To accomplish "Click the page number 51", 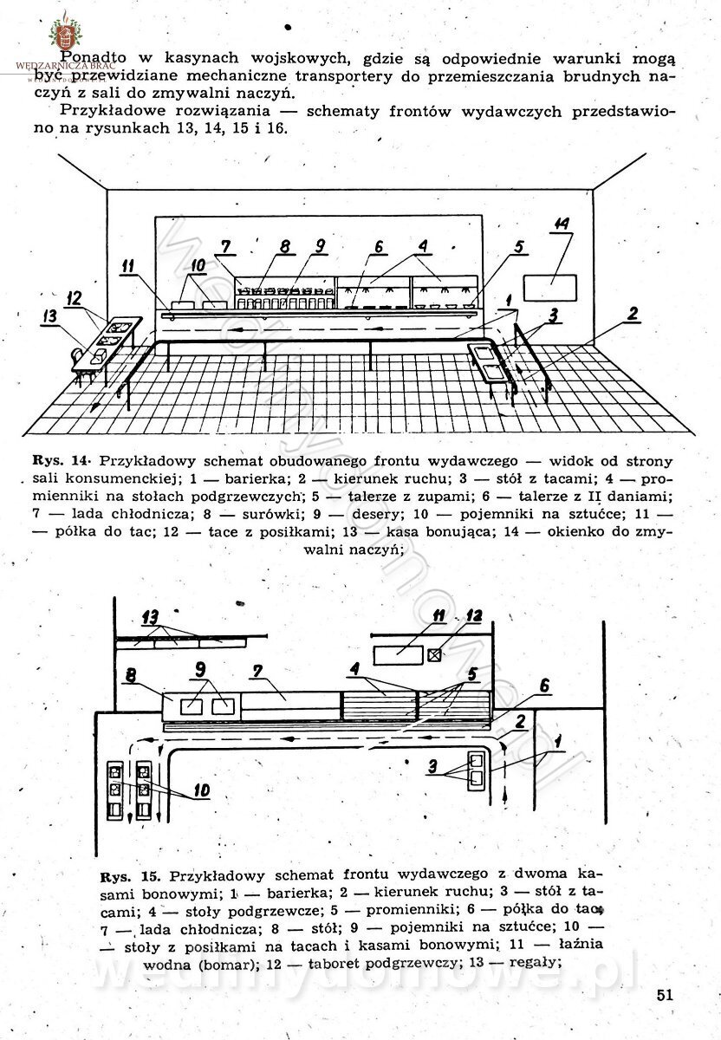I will click(x=665, y=994).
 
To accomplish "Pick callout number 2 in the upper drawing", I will click(x=633, y=314).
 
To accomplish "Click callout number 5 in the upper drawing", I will click(x=518, y=247).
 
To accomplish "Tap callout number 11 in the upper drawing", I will click(x=128, y=267).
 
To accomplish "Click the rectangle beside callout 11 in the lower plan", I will click(x=398, y=652).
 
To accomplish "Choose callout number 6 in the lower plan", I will click(x=542, y=685).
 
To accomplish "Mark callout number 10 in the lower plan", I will click(x=201, y=790).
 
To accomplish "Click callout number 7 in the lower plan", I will click(x=257, y=673).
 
